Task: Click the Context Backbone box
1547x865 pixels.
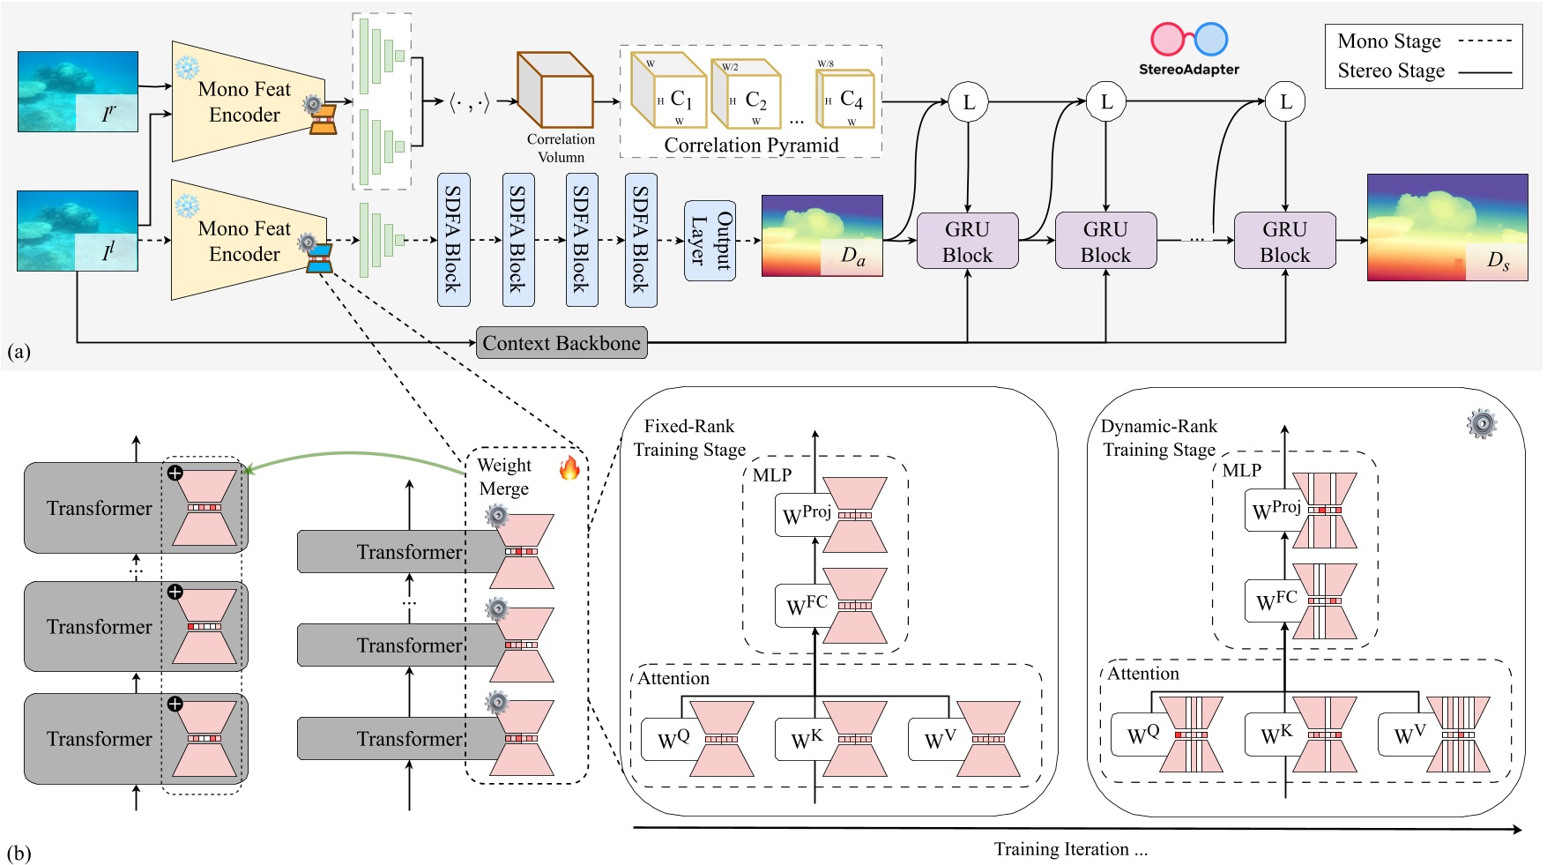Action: tap(562, 343)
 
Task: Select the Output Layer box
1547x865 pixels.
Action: tap(710, 241)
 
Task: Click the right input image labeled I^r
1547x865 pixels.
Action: tap(78, 92)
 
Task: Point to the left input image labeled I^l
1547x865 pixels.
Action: tap(78, 230)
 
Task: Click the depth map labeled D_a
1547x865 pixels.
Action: tap(822, 235)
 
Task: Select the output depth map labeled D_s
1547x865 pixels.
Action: tap(1447, 227)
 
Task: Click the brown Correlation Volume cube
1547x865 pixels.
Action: tap(554, 90)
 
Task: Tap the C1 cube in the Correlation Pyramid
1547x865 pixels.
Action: tap(669, 92)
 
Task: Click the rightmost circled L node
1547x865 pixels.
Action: tap(1285, 102)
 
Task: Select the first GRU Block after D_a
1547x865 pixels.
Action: tap(967, 241)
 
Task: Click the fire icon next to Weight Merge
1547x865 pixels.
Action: tap(569, 466)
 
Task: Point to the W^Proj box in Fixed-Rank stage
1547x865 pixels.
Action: tap(804, 514)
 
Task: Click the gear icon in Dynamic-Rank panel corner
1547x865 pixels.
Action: tap(1482, 424)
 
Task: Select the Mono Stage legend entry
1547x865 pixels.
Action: tap(1423, 41)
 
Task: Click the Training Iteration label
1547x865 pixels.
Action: tap(1070, 849)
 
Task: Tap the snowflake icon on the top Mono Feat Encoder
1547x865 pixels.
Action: tap(187, 68)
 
